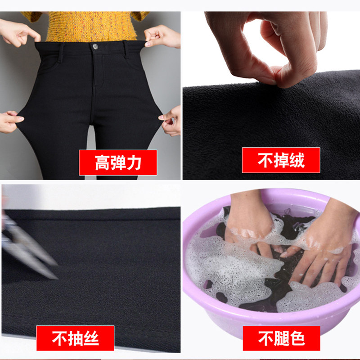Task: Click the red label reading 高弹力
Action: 118,162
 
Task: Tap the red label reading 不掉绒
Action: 281,160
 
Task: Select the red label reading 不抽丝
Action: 76,338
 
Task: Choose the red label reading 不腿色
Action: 281,338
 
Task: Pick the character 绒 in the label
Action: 297,160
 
